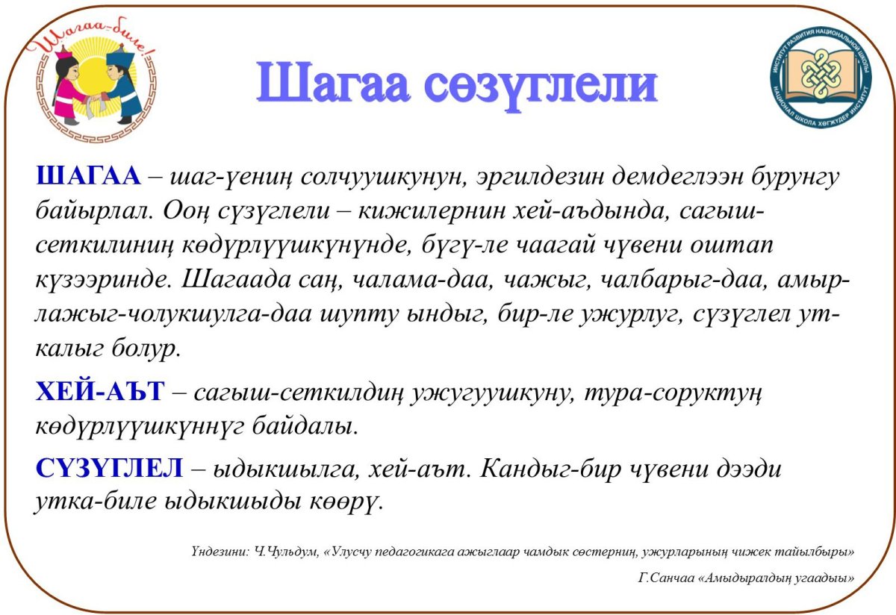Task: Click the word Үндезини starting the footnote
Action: click(x=218, y=552)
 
